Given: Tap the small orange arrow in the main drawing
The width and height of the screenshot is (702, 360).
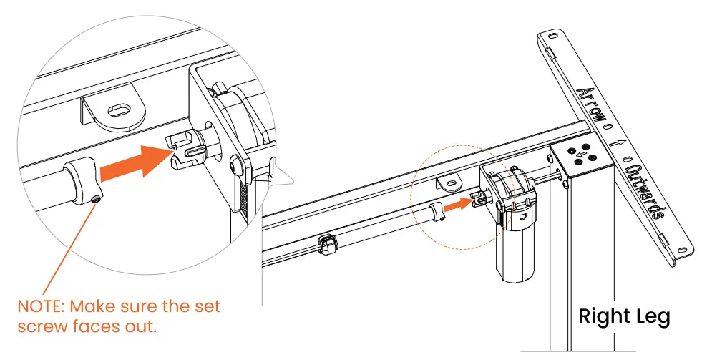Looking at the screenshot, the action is tap(458, 205).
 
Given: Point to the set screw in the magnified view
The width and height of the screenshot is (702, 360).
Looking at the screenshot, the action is tap(95, 200).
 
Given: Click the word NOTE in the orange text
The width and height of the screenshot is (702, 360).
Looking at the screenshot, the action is tap(41, 307).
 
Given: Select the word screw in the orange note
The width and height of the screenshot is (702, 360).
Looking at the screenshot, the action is tap(42, 327).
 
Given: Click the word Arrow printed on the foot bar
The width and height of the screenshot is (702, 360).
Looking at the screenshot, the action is tap(590, 105).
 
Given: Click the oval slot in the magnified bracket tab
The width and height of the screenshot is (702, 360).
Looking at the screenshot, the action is tap(120, 110).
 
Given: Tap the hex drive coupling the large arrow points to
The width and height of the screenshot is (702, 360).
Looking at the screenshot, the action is tap(186, 150).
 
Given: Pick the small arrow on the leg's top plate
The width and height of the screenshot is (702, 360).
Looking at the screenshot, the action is tap(580, 155).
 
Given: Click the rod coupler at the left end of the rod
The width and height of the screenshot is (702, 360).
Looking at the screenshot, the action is tap(328, 245).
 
